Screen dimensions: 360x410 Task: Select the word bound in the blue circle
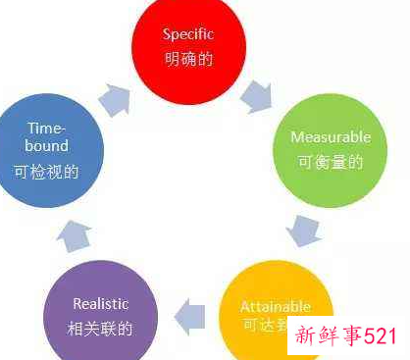pyautogui.click(x=48, y=147)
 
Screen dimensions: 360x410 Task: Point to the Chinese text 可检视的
pyautogui.click(x=48, y=171)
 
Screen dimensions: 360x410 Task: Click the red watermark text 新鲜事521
pyautogui.click(x=342, y=336)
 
